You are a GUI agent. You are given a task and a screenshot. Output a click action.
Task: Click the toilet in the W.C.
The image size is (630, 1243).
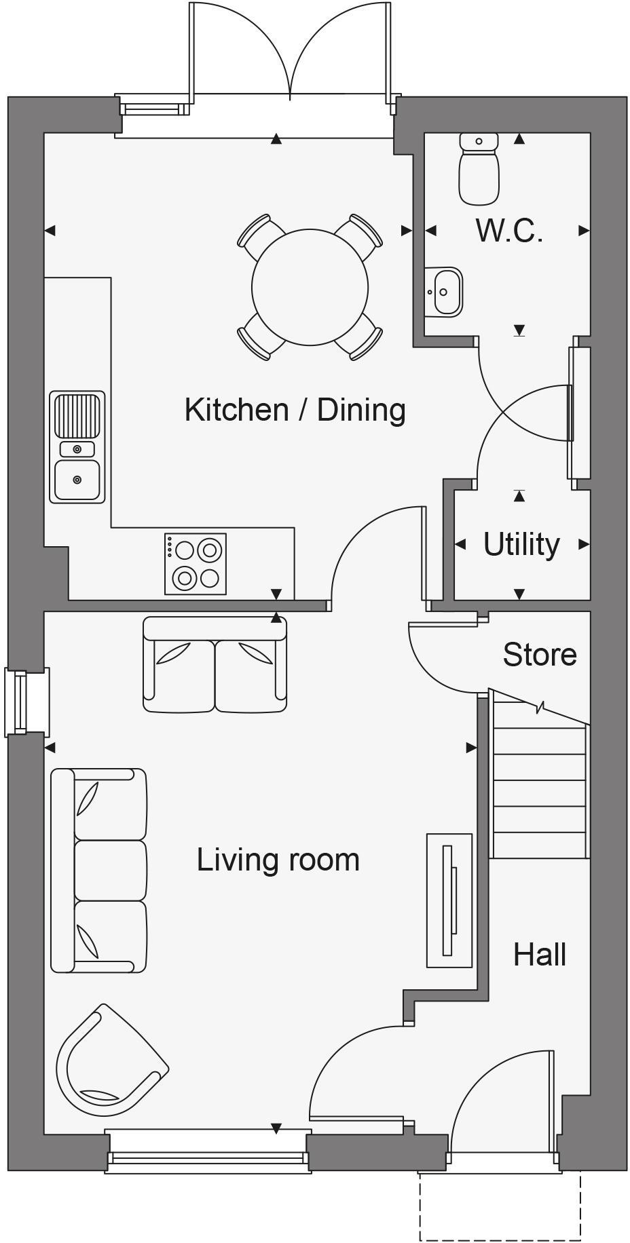pyautogui.click(x=479, y=170)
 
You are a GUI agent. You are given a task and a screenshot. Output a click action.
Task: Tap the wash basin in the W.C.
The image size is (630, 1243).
pyautogui.click(x=444, y=291)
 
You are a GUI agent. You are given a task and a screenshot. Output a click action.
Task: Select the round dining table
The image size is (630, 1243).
pyautogui.click(x=310, y=287)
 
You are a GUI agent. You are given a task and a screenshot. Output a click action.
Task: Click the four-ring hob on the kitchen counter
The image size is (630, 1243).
pyautogui.click(x=196, y=564)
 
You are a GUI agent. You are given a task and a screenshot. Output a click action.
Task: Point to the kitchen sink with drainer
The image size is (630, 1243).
pyautogui.click(x=77, y=446)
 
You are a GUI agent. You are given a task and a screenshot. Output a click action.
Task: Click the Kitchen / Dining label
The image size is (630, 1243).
pyautogui.click(x=295, y=410)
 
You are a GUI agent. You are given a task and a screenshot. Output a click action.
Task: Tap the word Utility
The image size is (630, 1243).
pyautogui.click(x=521, y=544)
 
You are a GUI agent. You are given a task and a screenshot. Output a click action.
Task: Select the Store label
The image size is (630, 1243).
pyautogui.click(x=540, y=654)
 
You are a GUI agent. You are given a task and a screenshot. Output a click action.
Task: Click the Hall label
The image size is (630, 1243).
pyautogui.click(x=540, y=955)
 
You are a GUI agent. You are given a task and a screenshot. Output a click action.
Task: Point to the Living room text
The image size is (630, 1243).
pyautogui.click(x=278, y=860)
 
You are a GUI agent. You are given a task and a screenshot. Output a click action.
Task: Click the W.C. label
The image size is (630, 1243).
pyautogui.click(x=508, y=231)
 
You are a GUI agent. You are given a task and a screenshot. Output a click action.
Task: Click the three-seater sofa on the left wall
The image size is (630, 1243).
pyautogui.click(x=99, y=871)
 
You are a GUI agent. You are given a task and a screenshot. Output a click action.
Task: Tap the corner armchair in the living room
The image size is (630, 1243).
pyautogui.click(x=109, y=1062)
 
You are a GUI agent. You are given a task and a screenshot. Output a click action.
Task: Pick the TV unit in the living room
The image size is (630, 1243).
pyautogui.click(x=449, y=900)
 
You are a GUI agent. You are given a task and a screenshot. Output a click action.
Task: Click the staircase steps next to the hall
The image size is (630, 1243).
pyautogui.click(x=538, y=794)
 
